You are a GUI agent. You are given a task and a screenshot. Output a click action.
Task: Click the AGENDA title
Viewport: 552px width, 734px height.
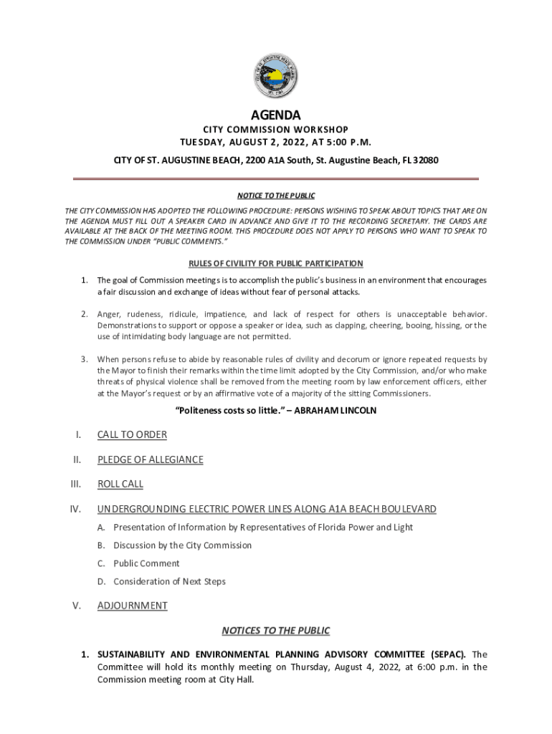276,115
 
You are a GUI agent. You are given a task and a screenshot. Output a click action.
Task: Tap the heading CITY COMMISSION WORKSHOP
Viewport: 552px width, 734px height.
276,130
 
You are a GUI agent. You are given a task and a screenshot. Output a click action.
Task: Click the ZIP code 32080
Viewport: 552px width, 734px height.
424,160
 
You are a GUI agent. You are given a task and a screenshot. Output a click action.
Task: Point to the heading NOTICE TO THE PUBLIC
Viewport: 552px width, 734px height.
276,196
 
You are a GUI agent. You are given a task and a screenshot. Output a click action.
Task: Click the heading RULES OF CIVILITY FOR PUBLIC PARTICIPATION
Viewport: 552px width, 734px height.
276,264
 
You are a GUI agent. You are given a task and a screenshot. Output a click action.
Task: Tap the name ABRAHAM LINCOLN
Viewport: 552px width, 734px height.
336,411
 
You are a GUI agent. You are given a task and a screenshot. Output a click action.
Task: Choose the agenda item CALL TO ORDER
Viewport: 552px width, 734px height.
132,435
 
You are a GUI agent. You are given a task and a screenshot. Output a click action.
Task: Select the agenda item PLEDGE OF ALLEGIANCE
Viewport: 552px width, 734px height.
150,459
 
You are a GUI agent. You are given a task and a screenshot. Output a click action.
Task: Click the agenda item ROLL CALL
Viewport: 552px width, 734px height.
120,484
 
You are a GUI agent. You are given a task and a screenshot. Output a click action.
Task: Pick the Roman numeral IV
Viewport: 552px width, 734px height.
74,510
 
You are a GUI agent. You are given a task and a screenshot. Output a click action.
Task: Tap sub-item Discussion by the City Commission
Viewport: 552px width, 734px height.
182,545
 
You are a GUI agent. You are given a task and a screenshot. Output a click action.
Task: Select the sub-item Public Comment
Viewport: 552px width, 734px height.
146,563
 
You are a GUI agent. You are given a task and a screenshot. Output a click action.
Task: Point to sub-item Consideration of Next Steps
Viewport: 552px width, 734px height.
169,581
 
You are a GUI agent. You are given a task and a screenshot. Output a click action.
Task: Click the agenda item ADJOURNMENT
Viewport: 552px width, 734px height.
133,606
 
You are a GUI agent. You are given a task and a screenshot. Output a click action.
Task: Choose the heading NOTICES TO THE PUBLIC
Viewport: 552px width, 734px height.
276,631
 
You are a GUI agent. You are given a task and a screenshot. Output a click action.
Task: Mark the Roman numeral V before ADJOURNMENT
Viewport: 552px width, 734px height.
75,606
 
